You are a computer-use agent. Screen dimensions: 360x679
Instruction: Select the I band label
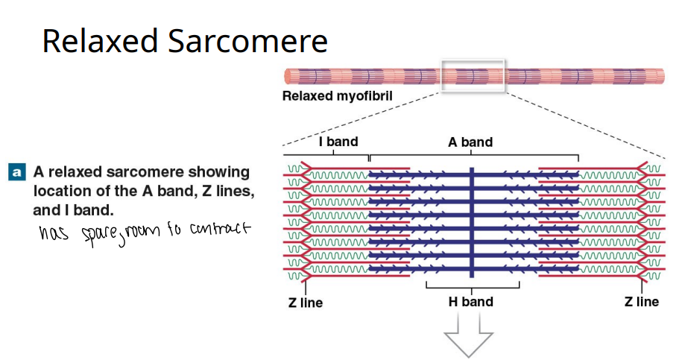pos(338,142)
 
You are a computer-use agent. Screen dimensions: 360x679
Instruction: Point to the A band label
pos(470,142)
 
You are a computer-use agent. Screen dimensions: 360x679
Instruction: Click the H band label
pos(470,302)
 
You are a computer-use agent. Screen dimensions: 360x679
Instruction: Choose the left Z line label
pos(306,303)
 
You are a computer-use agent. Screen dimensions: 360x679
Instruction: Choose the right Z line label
pos(642,302)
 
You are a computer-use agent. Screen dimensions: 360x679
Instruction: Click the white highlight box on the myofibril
pos(474,76)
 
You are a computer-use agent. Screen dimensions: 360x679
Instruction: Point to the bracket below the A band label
pos(474,154)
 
